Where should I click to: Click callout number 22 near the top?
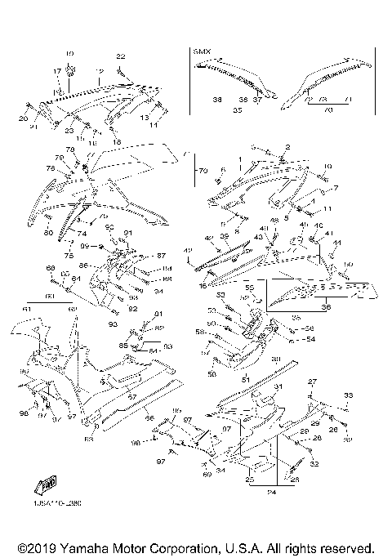120,56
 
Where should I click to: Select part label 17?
58,71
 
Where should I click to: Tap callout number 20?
23,118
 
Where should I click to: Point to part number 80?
49,234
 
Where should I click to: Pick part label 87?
162,256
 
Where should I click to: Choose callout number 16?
202,288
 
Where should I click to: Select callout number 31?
278,386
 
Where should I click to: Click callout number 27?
311,382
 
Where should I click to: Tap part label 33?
350,395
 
